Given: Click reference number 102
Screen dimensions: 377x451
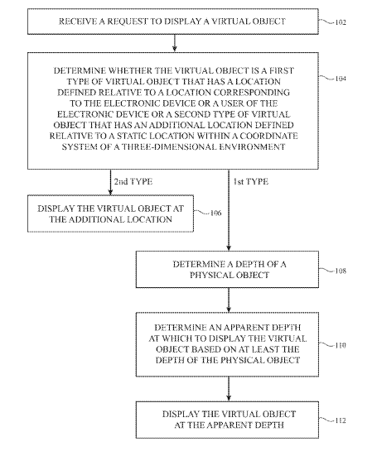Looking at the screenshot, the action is coord(341,22).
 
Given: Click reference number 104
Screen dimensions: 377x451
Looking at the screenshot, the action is coord(341,79).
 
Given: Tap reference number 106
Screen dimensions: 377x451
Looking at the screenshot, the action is coord(216,214).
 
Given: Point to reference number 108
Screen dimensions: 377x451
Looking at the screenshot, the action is coord(341,271).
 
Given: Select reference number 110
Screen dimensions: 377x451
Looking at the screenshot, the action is coord(341,345).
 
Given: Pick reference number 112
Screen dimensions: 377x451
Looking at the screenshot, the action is coord(341,420).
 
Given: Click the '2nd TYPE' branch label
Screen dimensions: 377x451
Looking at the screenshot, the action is coord(133,182).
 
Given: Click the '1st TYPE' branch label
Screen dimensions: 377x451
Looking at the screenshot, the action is coord(250,182).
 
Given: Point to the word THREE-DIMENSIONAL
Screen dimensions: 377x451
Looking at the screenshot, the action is coord(169,146).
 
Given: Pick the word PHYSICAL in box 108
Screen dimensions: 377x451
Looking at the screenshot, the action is coord(210,275).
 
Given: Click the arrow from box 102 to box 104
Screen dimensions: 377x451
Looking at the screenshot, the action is coord(174,43).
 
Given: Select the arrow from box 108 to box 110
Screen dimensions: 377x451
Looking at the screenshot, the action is coord(229,300).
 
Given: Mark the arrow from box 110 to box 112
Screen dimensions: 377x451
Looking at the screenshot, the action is coord(229,389).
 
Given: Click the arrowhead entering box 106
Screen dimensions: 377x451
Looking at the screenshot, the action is coord(110,193).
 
